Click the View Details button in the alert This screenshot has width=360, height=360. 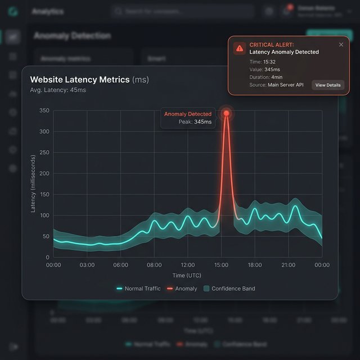coord(327,85)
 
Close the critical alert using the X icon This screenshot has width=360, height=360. coord(341,44)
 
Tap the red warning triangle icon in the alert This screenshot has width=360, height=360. coord(240,48)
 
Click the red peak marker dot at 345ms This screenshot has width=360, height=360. coord(226,113)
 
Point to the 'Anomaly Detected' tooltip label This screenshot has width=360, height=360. coord(188,114)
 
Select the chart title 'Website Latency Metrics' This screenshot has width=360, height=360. coord(80,80)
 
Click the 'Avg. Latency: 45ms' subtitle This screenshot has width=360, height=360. coord(58,90)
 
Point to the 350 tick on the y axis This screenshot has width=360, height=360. coord(44,110)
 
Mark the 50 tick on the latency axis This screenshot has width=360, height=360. coord(46,236)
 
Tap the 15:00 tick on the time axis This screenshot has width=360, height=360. coord(221,265)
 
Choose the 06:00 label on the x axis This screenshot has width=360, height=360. coord(120,265)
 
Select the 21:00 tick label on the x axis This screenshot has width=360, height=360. coord(288,265)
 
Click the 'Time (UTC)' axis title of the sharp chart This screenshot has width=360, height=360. coord(186,275)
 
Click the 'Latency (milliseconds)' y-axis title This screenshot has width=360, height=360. coord(33,184)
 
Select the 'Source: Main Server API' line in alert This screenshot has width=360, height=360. coord(276,85)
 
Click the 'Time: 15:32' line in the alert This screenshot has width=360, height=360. coord(262,61)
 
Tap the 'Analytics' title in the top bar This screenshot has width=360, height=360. coord(48,11)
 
